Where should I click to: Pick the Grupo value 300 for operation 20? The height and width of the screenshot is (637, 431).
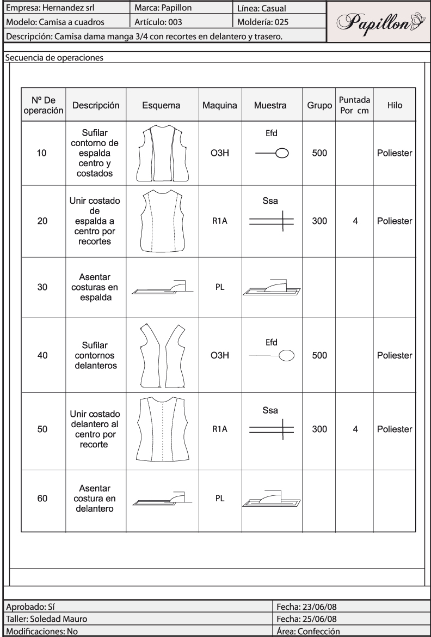tap(319, 221)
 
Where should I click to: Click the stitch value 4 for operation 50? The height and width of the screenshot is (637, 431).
tap(355, 429)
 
